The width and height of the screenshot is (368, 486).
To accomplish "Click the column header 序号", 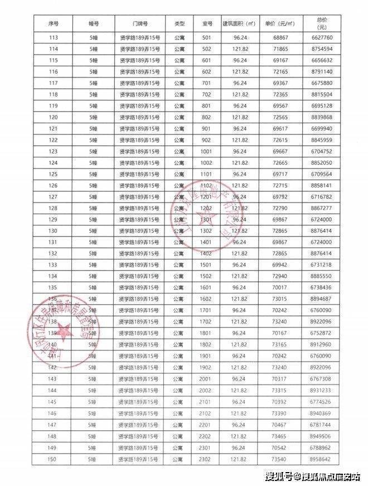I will pyautogui.click(x=54, y=24).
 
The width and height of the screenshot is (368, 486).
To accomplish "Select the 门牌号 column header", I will pyautogui.click(x=141, y=24).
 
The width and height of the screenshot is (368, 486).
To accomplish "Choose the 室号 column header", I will pyautogui.click(x=207, y=24).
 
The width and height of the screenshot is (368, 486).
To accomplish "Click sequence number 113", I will pyautogui.click(x=54, y=38).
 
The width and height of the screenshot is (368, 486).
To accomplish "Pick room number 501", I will pyautogui.click(x=207, y=38).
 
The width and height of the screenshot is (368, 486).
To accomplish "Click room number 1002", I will pyautogui.click(x=207, y=163).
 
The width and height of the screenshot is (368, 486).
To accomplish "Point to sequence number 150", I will pyautogui.click(x=54, y=459).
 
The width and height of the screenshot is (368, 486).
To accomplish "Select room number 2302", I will pyautogui.click(x=207, y=459).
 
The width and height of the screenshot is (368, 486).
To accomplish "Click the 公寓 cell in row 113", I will pyautogui.click(x=179, y=38).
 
